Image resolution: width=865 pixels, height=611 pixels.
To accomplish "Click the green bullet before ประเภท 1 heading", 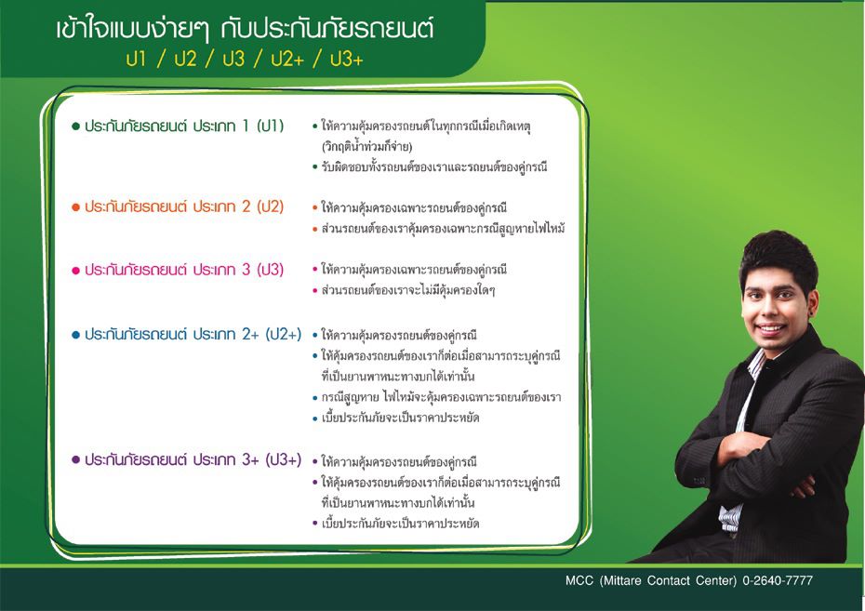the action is click(76, 126).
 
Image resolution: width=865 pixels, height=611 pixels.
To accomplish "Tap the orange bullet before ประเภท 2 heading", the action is click(76, 207).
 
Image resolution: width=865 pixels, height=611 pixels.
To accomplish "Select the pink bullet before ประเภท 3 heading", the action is click(76, 271).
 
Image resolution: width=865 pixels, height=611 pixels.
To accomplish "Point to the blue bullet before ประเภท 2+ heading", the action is click(76, 335).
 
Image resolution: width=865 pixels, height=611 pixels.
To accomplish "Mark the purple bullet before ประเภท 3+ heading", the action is click(76, 459).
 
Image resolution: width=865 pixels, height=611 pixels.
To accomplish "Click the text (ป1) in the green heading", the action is click(271, 126).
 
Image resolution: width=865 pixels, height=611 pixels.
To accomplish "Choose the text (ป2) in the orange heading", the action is click(271, 206).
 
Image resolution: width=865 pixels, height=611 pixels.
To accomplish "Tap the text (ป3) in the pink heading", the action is click(271, 270).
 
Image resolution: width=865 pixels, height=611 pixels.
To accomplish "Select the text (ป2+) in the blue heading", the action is click(284, 334).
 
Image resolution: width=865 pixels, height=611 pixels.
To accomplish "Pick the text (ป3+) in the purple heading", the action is click(284, 459).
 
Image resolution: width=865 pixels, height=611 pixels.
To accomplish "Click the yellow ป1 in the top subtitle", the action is click(136, 59).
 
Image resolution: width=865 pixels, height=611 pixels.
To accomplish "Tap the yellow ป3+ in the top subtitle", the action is click(346, 59).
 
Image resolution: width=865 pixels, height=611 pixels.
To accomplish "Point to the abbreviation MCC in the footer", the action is click(579, 580).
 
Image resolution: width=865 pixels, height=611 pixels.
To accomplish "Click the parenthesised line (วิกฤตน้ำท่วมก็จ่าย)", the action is click(366, 146).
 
